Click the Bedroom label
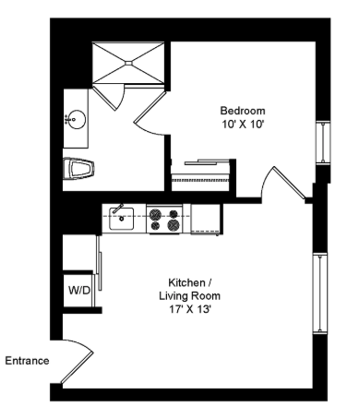tap(243, 111)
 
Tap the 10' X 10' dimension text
tap(243, 125)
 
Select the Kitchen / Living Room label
tap(190, 289)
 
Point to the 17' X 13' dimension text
tap(189, 309)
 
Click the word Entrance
tap(27, 361)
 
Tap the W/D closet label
tap(79, 290)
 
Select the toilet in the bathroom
tap(78, 169)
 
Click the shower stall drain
tap(128, 64)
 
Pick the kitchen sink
tap(121, 218)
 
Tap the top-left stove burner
tap(155, 214)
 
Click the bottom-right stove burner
tap(174, 225)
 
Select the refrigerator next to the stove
tap(206, 219)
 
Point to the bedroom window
tap(324, 142)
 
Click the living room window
tap(320, 293)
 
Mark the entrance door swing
tap(77, 361)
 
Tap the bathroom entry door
tap(150, 113)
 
